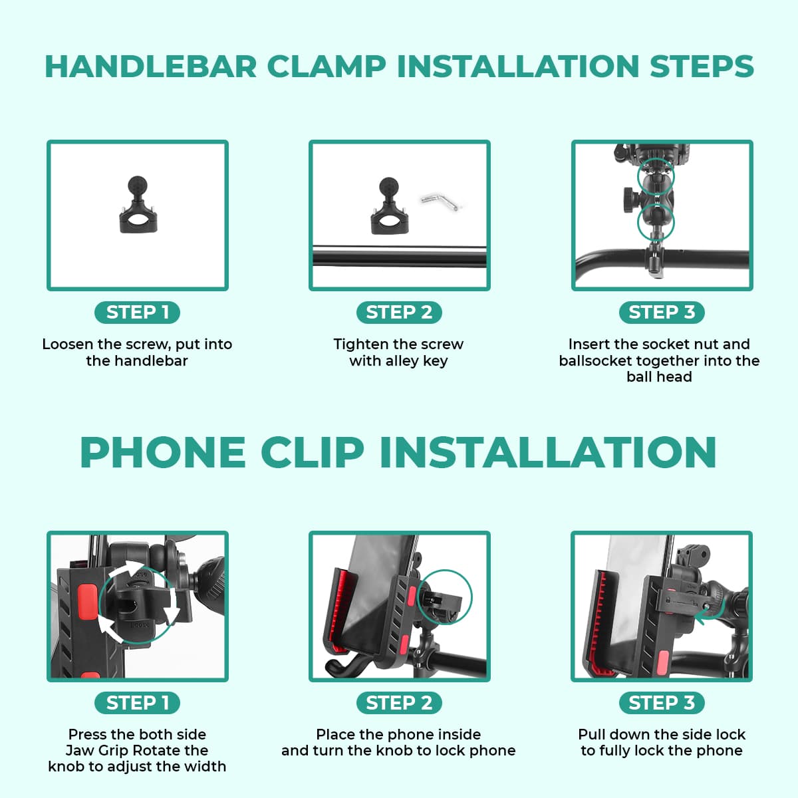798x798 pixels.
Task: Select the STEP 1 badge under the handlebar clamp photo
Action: (138, 312)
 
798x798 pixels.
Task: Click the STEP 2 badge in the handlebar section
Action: (399, 312)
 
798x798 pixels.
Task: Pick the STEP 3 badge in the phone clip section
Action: (661, 702)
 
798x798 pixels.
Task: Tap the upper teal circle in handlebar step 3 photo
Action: (656, 176)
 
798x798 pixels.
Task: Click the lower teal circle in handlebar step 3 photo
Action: (656, 223)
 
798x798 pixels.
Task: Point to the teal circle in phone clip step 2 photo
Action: (445, 597)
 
